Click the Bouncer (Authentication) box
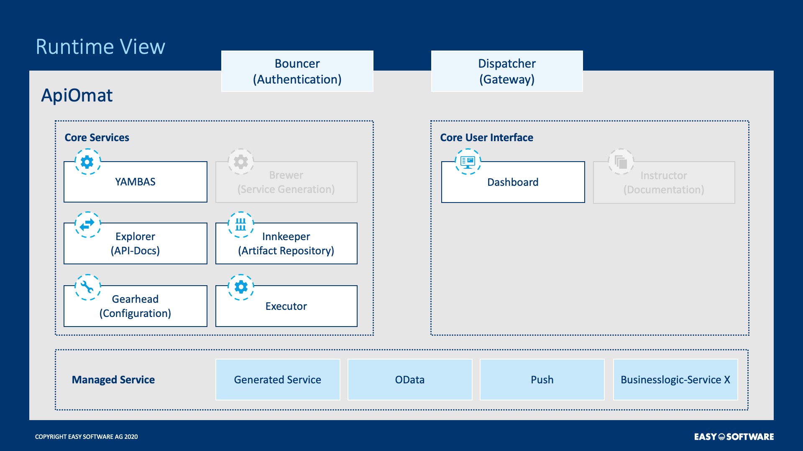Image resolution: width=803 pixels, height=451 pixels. pos(297,71)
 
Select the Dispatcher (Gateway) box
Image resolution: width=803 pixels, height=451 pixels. pos(507,71)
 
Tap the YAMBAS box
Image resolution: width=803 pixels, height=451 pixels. pos(136,182)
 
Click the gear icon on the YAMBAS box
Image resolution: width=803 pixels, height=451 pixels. pos(87,162)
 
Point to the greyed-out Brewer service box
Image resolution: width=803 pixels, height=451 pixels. pos(286,182)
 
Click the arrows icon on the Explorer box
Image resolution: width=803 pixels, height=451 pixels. pos(87,225)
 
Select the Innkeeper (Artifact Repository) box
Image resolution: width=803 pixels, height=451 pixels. pos(286,243)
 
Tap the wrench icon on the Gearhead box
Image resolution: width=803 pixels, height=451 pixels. pos(87,287)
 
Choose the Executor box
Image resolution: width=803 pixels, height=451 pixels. pos(286,306)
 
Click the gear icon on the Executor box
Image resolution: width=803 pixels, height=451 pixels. pos(241,287)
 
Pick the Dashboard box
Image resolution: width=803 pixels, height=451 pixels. pos(513,182)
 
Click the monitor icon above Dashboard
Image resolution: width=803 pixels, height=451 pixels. pos(468,162)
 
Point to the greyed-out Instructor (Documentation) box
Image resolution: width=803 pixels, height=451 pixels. pos(664,182)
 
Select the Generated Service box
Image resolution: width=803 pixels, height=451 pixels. pos(278,380)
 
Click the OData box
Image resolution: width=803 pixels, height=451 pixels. pos(410,380)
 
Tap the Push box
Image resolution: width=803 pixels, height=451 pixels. pos(542,380)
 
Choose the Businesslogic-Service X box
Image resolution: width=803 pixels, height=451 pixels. pos(675,380)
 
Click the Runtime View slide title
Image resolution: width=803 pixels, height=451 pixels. pos(100,46)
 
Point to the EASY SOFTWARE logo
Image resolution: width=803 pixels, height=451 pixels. pos(734,437)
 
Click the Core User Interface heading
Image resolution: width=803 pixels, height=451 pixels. pos(486,137)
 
